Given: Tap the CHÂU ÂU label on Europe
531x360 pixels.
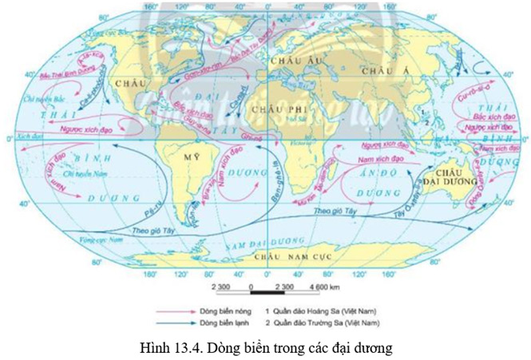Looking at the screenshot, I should coord(285,61).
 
